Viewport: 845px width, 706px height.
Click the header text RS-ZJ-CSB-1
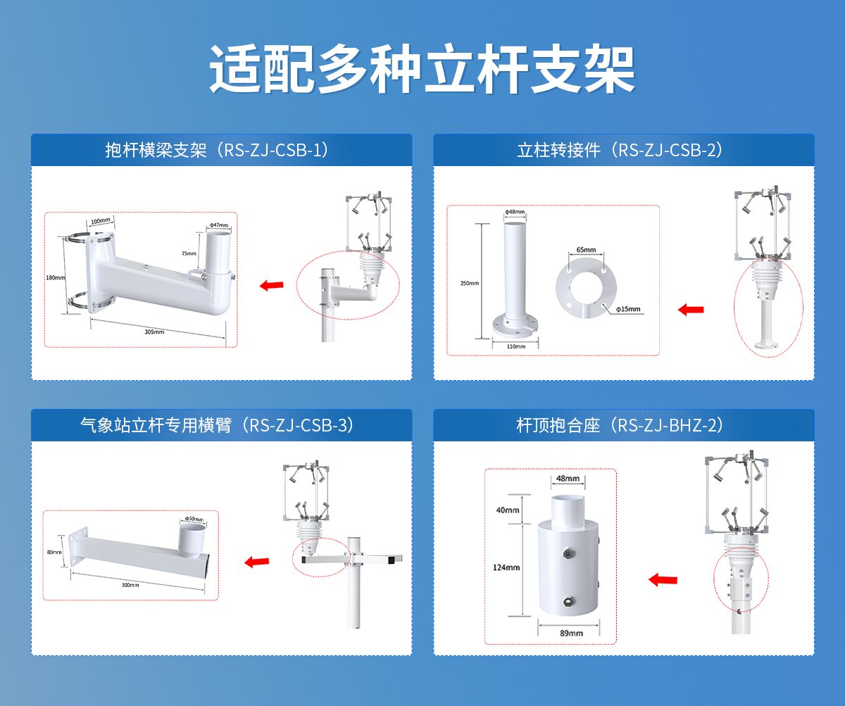(273, 150)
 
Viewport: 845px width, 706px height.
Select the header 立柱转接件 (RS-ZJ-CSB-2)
(620, 150)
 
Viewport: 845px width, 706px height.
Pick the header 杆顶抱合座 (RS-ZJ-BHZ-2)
(620, 425)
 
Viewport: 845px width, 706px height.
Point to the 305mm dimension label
(154, 332)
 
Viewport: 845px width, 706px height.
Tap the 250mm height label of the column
(470, 283)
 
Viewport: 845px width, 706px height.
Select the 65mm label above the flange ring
(586, 250)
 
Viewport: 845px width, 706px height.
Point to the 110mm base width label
(515, 346)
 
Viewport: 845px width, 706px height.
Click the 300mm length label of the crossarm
(130, 585)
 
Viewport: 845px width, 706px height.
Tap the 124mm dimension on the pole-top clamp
(506, 567)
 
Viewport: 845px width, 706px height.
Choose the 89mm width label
(571, 633)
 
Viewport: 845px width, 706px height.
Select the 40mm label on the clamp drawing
(507, 510)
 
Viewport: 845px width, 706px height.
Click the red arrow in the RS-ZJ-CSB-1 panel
(271, 285)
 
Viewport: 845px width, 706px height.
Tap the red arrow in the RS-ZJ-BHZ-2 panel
(663, 579)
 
